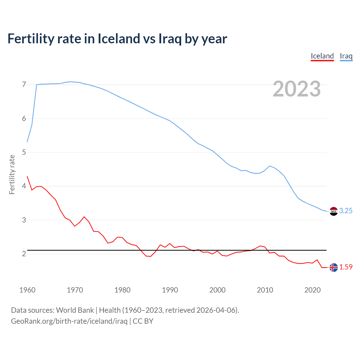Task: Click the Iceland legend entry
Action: pos(322,56)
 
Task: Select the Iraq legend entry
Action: pos(346,56)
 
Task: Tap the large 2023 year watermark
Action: pos(296,89)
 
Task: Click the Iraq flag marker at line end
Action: pos(333,211)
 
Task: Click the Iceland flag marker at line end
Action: pos(333,267)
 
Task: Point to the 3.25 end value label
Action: pos(346,211)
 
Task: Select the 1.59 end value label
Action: pos(346,267)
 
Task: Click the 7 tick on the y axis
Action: pos(24,85)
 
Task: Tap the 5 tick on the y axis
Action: pos(24,152)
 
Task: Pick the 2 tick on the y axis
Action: pos(24,254)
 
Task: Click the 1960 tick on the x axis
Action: pos(27,290)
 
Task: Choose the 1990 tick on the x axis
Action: pos(170,290)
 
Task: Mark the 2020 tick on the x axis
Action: pos(312,290)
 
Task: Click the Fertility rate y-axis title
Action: pos(12,174)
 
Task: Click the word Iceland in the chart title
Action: pos(119,39)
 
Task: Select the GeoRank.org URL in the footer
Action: pos(69,321)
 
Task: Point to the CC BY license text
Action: pos(143,321)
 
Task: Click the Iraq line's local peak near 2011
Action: pos(270,166)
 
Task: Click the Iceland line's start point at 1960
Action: pos(27,176)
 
